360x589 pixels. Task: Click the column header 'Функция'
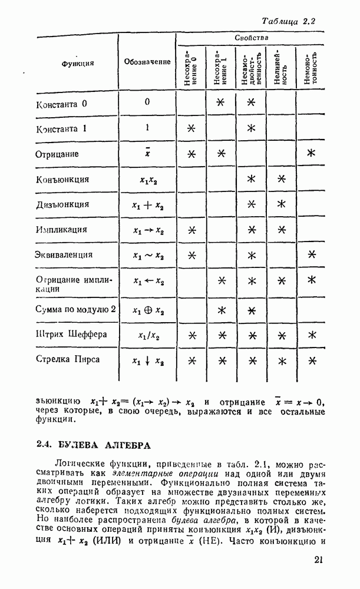point(78,63)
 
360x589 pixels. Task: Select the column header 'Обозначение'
point(147,62)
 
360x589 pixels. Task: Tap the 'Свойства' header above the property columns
point(252,38)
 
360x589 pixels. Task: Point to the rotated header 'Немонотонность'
point(311,69)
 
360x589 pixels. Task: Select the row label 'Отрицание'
point(58,154)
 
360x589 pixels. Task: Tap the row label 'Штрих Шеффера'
point(71,335)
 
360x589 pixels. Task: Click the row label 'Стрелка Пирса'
point(68,359)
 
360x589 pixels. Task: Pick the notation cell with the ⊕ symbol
point(148,310)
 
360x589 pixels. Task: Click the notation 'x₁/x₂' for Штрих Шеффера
point(148,335)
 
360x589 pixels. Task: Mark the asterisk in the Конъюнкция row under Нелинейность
point(281,179)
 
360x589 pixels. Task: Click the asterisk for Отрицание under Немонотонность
point(311,154)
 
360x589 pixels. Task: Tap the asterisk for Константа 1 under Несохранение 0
point(191,128)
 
